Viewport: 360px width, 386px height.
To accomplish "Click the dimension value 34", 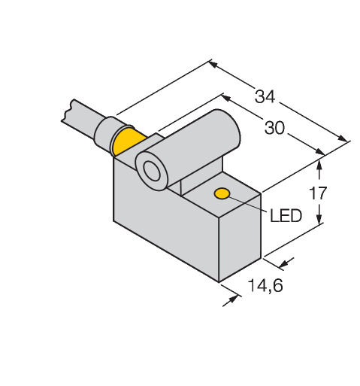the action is pyautogui.click(x=265, y=96).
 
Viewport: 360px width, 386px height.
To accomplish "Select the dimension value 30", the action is pyautogui.click(x=274, y=128).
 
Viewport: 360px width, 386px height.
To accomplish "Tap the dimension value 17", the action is pyautogui.click(x=318, y=193).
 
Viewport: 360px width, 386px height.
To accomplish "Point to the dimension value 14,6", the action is pyautogui.click(x=265, y=285).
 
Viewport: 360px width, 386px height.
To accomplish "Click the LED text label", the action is pyautogui.click(x=286, y=216).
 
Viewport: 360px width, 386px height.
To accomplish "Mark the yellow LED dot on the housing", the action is pyautogui.click(x=222, y=193).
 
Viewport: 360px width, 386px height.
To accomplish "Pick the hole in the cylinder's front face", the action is pyautogui.click(x=152, y=172).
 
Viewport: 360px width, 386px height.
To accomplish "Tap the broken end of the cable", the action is pyautogui.click(x=68, y=111).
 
